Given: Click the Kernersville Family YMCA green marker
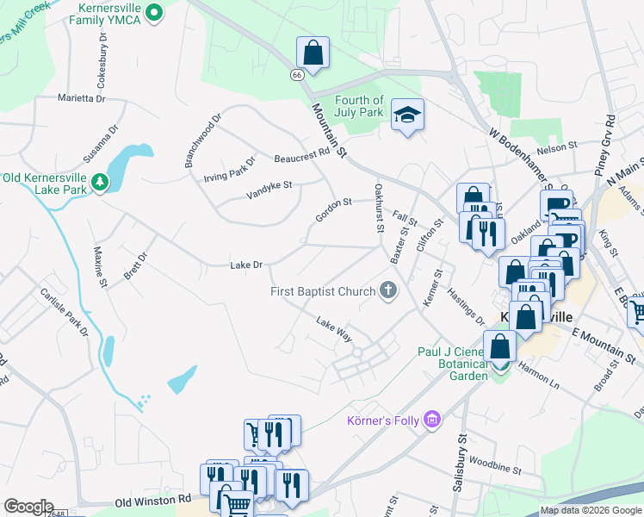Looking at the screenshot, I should click(154, 12).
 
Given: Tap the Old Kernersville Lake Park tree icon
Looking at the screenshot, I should click(100, 182).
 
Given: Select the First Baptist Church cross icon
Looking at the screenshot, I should click(388, 291).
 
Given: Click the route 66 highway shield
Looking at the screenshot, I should click(297, 75).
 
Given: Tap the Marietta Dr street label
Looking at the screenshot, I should click(81, 99).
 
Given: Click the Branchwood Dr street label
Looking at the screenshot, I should click(203, 139).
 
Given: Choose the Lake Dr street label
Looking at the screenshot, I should click(245, 265).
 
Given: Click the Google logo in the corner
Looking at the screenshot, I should click(28, 507).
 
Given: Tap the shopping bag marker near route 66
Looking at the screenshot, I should click(313, 53).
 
